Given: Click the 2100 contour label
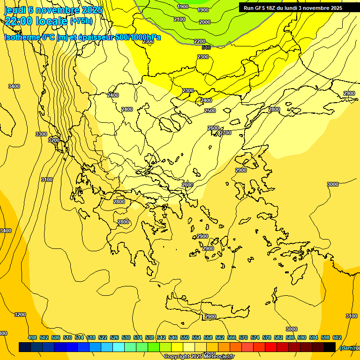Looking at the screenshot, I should [179, 19].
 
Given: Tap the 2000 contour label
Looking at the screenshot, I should [205, 22].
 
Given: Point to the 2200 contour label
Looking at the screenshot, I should [200, 41].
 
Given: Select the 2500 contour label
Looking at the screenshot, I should [210, 111].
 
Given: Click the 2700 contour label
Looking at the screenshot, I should [225, 133].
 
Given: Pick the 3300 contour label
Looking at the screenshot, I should [41, 134].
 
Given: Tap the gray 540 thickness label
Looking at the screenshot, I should [206, 47].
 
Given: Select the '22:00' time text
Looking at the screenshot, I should [20, 21].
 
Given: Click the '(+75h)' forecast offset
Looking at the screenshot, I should [81, 21].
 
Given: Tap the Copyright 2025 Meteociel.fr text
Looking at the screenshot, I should [199, 356].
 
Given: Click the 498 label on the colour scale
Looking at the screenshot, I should [32, 337].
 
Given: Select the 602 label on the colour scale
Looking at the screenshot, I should [337, 337].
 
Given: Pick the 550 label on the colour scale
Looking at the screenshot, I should [185, 337].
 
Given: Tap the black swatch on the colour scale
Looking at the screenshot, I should [330, 347].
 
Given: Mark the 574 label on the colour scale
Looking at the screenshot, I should [255, 337].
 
